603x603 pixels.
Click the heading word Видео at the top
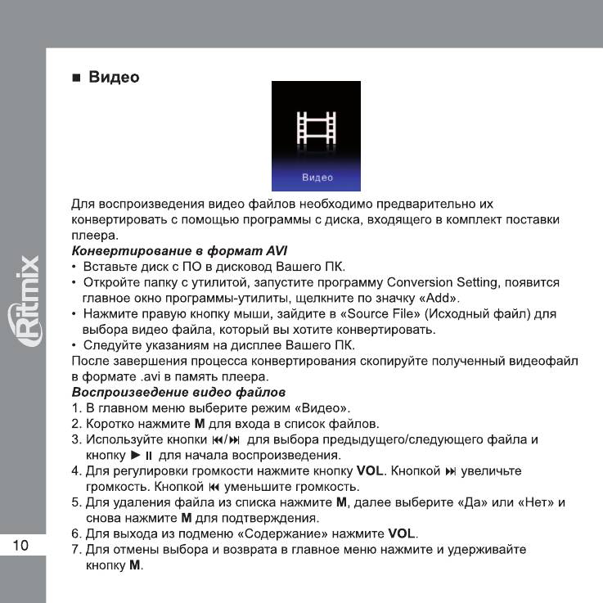coord(114,78)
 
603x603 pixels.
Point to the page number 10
coord(21,547)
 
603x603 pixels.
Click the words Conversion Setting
coord(448,282)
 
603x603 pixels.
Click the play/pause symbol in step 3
coord(142,455)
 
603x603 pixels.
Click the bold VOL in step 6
coord(403,533)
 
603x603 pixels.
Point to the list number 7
coord(75,549)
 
